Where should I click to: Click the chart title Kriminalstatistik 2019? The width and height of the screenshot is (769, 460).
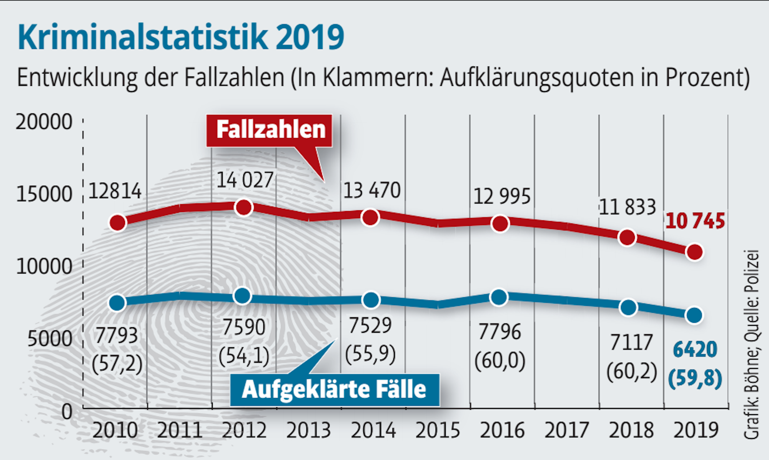[x=181, y=37]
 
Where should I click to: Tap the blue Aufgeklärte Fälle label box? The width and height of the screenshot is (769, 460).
[x=335, y=389]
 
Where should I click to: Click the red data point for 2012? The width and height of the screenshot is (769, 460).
[x=244, y=208]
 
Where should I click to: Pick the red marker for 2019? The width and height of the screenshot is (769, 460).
[x=694, y=252]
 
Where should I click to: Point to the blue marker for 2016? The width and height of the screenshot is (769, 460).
[x=499, y=297]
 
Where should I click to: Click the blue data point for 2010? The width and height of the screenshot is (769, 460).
[x=118, y=303]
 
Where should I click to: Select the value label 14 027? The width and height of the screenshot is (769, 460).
[x=245, y=180]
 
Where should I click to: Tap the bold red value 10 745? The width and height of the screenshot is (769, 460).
[x=695, y=222]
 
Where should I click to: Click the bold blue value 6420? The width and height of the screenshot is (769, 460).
[x=695, y=349]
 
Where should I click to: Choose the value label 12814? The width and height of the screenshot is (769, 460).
[x=115, y=191]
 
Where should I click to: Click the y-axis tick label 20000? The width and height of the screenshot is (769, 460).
[x=44, y=122]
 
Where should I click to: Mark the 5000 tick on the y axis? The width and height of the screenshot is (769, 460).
[x=50, y=339]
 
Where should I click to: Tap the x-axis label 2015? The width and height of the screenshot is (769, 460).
[x=438, y=430]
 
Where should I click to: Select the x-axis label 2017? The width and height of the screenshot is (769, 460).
[x=566, y=430]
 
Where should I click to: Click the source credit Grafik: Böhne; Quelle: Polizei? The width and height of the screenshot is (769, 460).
[x=752, y=344]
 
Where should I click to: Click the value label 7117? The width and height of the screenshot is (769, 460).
[x=631, y=342]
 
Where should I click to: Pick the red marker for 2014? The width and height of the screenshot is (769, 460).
[x=370, y=218]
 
